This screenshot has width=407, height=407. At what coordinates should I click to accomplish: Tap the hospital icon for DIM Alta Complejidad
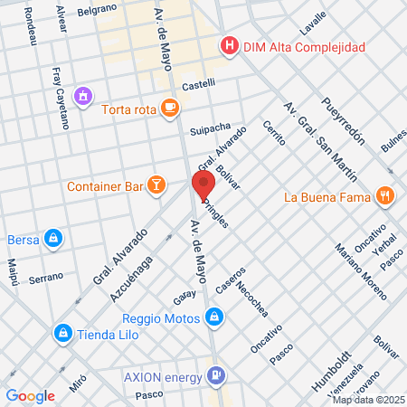coord(229,46)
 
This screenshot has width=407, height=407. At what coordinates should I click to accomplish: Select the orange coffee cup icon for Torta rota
coord(169,109)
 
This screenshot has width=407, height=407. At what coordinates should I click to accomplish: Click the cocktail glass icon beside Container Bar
coord(157,186)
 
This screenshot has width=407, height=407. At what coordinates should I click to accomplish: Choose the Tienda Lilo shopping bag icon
coord(62,334)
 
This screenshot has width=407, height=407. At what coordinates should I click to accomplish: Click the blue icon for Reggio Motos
coord(213,317)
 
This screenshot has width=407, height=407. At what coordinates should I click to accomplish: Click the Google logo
coord(30,395)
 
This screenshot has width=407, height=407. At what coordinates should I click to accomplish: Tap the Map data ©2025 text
coord(368,400)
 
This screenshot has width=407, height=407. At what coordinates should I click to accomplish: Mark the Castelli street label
coord(199,83)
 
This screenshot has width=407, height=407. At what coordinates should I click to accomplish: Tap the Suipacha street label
coord(210,128)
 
